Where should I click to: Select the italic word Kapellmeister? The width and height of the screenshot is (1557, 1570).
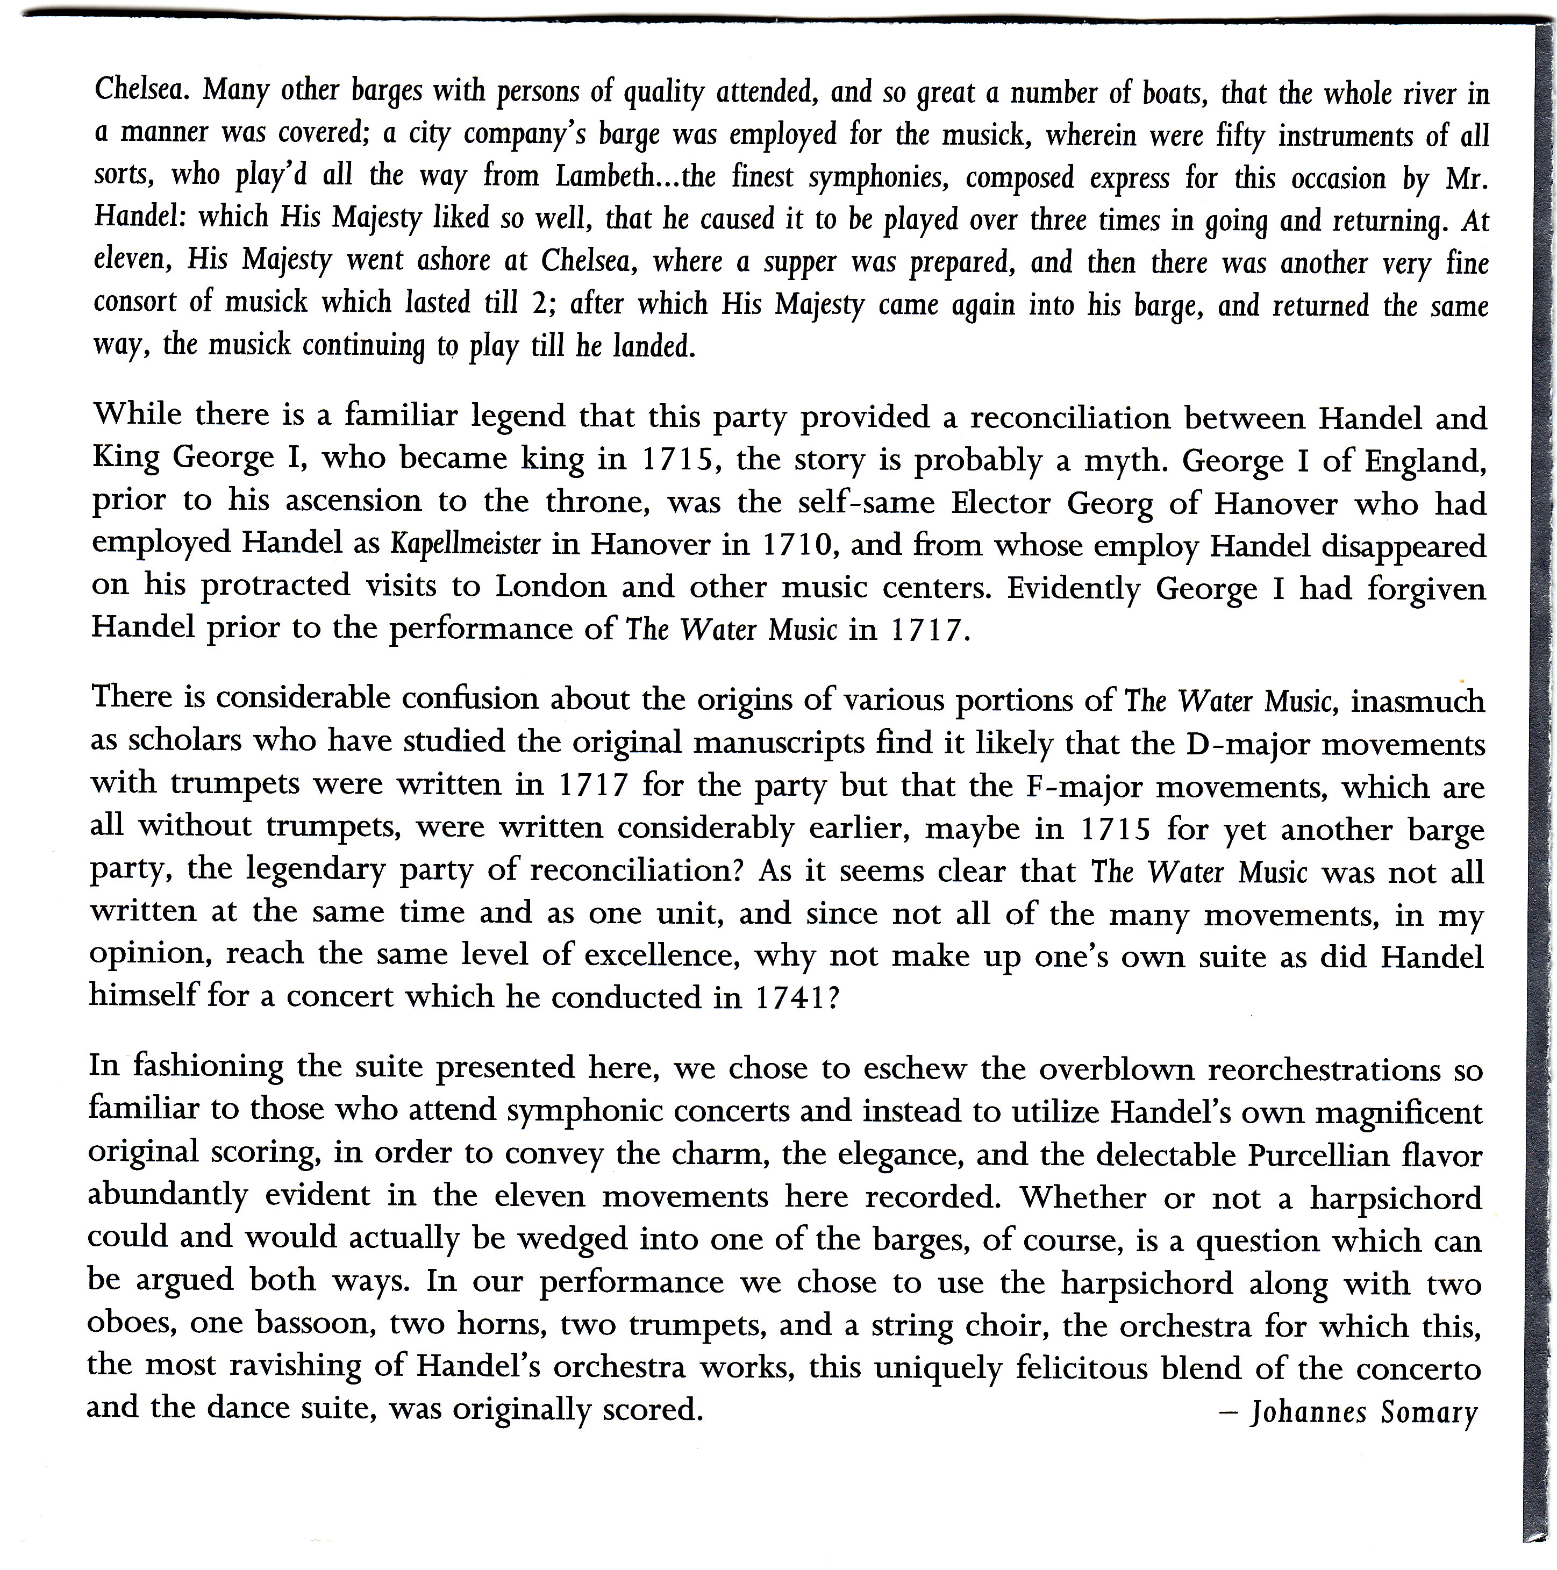tap(465, 543)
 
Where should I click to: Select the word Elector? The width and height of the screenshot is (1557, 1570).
tap(1002, 504)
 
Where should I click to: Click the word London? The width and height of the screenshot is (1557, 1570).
tap(551, 587)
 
